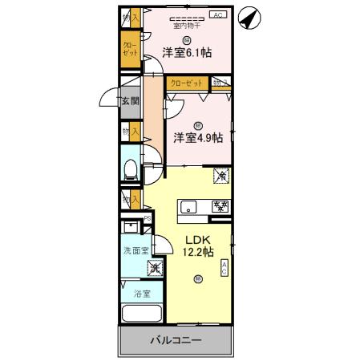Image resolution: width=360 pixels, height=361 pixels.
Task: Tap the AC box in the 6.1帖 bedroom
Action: point(217,15)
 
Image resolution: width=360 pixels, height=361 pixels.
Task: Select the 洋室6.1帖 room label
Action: point(187,53)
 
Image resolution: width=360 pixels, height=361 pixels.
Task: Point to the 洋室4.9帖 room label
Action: point(198,137)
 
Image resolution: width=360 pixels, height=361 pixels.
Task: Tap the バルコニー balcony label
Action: point(176,341)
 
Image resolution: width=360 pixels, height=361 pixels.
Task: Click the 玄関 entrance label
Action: point(131,101)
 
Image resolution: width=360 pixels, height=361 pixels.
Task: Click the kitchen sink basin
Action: point(188,206)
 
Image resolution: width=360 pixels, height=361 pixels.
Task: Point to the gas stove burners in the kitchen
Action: point(220,206)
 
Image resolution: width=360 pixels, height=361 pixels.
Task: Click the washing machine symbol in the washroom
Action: point(156,268)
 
